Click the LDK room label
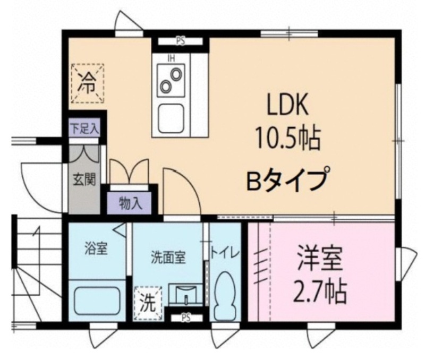(x=287, y=105)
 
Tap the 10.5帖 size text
(x=287, y=139)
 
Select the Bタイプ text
(x=288, y=179)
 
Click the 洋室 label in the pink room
(x=320, y=258)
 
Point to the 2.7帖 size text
(x=320, y=292)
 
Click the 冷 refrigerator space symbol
(x=87, y=83)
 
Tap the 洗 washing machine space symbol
(x=148, y=303)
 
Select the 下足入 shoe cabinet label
(x=84, y=127)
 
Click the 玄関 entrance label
(x=84, y=179)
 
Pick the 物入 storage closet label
(x=131, y=203)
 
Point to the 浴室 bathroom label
(x=96, y=248)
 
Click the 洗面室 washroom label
(x=168, y=258)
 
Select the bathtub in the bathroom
(x=97, y=301)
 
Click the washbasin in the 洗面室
(x=185, y=295)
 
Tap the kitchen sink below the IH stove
(x=172, y=118)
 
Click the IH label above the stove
(x=171, y=58)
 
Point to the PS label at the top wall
(x=181, y=41)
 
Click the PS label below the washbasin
(x=186, y=318)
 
